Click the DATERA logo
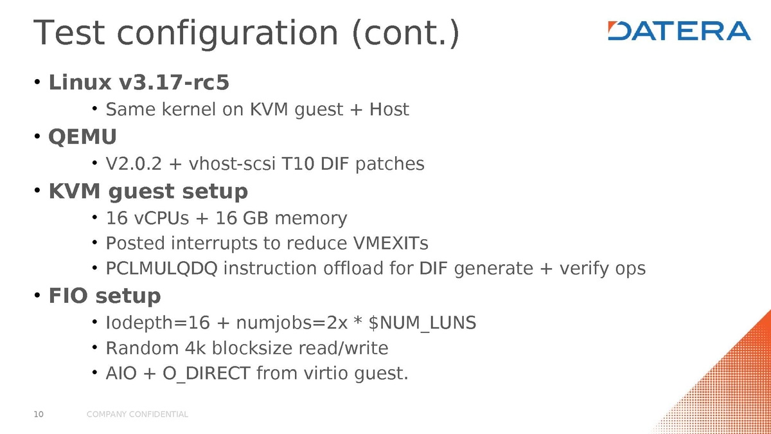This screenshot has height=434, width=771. click(679, 31)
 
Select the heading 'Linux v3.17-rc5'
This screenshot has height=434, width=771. click(139, 82)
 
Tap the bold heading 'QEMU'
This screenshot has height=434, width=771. click(83, 137)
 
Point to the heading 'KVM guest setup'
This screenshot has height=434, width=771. click(148, 192)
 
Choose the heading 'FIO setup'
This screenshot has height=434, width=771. click(105, 296)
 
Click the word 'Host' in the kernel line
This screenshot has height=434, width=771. click(389, 110)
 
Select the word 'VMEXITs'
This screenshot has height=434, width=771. click(391, 244)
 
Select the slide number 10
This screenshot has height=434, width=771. click(38, 415)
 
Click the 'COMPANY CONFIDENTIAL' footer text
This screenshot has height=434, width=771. click(137, 415)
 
